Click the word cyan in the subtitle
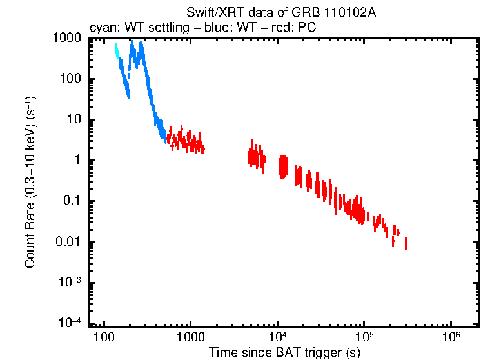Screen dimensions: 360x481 (102, 27)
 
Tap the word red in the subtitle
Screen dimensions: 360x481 (279, 27)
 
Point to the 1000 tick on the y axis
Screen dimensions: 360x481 (67, 38)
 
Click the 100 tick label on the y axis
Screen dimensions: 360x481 (70, 79)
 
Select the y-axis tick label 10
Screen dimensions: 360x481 (74, 120)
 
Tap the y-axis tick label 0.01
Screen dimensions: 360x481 (68, 243)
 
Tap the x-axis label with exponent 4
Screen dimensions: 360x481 (277, 338)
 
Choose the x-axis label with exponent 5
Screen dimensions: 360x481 (364, 338)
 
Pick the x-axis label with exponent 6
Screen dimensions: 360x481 (451, 338)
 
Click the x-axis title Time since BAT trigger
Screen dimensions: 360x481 (284, 352)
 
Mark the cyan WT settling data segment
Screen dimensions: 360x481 (117, 51)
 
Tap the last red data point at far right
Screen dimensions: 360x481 (406, 243)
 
